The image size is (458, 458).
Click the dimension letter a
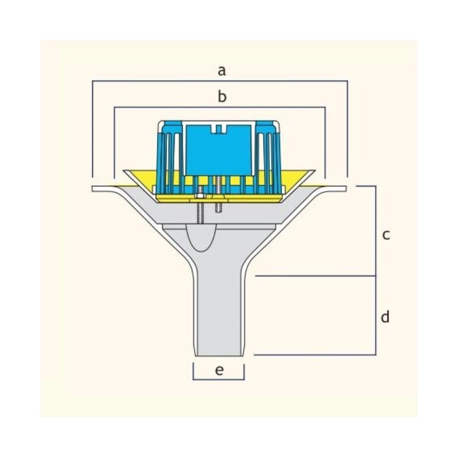tap(221, 71)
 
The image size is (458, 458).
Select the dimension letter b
tap(222, 96)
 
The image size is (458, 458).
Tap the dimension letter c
tap(386, 235)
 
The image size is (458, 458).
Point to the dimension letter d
tap(385, 316)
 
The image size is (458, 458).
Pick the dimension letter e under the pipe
tap(219, 370)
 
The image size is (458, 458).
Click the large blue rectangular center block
tap(218, 150)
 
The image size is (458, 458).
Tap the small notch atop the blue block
tap(218, 128)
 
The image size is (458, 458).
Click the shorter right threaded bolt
tap(218, 193)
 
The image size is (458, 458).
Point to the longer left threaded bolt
tap(200, 204)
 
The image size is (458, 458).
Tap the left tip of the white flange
tap(92, 189)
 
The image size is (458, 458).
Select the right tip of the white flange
tap(346, 189)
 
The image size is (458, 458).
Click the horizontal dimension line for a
tap(220, 81)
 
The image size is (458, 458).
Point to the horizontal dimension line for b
tap(220, 107)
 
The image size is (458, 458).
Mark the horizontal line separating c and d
tap(315, 276)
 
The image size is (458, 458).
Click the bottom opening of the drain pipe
tap(219, 356)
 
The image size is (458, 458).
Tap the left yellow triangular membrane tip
tap(124, 171)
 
